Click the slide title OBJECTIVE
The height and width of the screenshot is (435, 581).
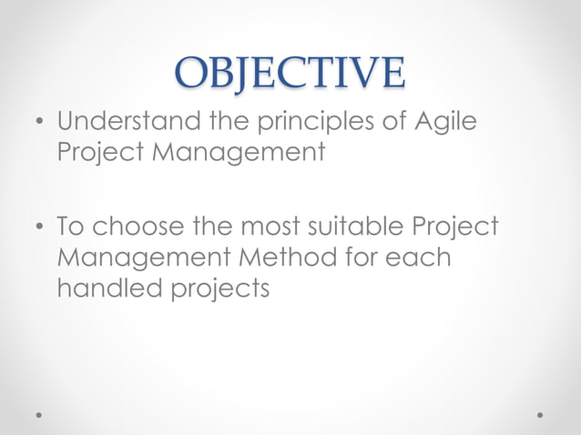(x=290, y=73)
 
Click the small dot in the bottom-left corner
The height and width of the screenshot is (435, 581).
(x=39, y=414)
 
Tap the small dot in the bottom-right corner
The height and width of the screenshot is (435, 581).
(x=540, y=414)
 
